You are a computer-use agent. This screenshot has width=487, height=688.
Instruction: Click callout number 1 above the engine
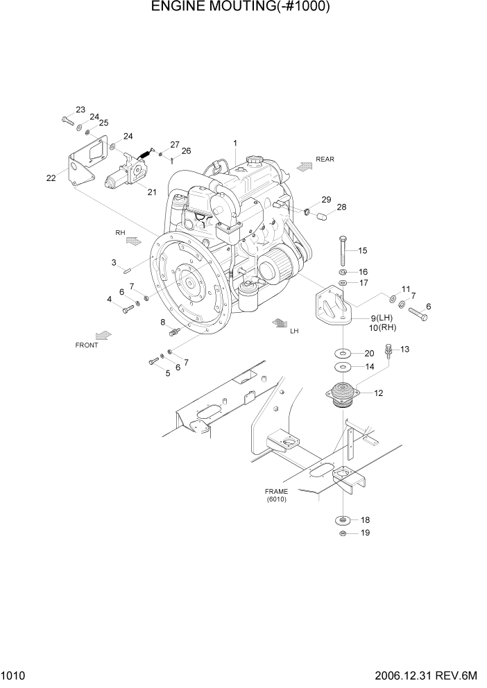[x=235, y=144]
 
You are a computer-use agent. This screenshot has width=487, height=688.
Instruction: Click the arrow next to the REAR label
[x=303, y=166]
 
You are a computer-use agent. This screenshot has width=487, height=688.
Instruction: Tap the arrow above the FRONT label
[x=103, y=334]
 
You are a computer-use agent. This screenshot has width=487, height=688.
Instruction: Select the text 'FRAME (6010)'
[x=276, y=495]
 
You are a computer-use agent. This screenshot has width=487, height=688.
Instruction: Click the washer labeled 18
[x=342, y=519]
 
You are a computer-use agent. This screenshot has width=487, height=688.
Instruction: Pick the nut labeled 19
[x=342, y=533]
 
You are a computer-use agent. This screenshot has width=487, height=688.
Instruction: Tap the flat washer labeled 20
[x=342, y=353]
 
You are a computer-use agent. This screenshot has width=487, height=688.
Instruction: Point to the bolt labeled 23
[x=67, y=119]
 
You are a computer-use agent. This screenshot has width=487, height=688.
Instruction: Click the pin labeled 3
[x=128, y=270]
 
